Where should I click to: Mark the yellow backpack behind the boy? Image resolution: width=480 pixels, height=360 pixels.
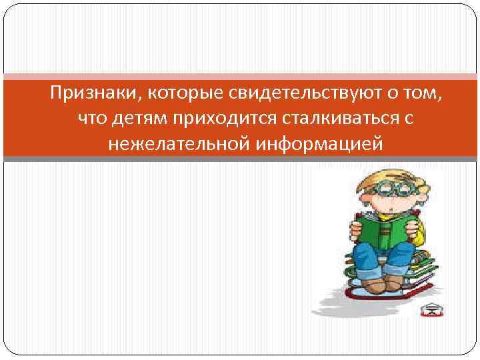pos(419,230)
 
